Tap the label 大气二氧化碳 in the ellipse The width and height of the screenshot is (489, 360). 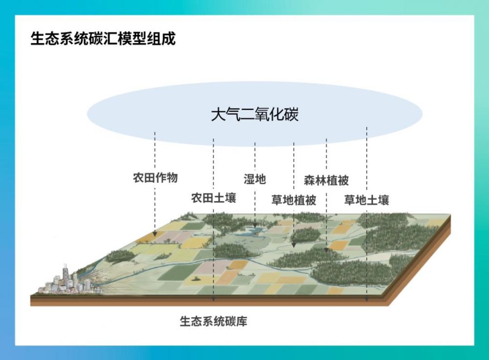[x=254, y=115]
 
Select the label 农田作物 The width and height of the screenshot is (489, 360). [x=155, y=178]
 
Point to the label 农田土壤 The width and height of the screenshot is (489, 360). [x=213, y=198]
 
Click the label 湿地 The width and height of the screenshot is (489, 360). [x=255, y=179]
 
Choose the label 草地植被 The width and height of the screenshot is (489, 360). [x=293, y=200]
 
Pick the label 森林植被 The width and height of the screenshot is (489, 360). [x=326, y=180]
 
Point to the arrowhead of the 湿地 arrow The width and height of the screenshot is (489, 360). [x=255, y=225]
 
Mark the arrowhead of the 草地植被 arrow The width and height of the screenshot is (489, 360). [x=293, y=244]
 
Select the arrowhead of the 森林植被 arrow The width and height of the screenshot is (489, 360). [x=327, y=250]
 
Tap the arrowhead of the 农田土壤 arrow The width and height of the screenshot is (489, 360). [x=213, y=299]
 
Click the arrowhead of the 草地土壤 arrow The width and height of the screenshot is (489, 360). [x=367, y=299]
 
